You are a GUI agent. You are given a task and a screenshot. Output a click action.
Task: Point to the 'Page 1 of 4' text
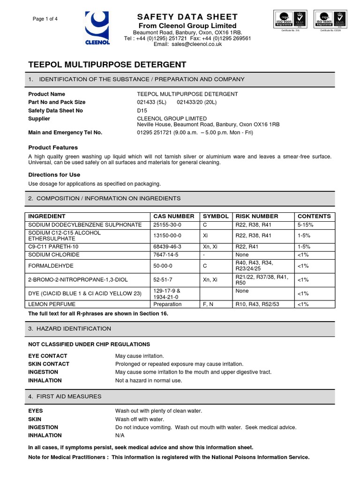coord(45,19)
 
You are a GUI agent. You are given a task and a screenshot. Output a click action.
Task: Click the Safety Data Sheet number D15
coord(141,111)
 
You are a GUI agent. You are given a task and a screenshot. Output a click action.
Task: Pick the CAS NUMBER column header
coord(174,217)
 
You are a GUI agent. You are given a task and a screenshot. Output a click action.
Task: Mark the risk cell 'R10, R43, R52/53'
coord(257,304)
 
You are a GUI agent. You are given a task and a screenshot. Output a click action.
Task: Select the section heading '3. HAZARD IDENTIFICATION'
coord(70,329)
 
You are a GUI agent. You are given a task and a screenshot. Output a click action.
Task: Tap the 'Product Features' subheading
coord(53,148)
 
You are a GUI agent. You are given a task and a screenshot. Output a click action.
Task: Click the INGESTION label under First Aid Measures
coord(43,427)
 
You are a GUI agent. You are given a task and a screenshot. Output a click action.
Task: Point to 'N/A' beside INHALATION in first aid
coord(120,435)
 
